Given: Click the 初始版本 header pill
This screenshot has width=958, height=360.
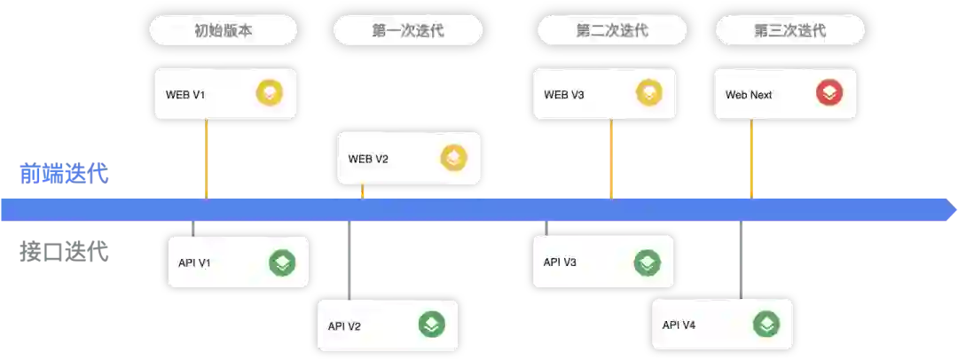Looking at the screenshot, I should (x=223, y=31).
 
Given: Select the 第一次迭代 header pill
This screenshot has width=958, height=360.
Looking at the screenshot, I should (x=408, y=31).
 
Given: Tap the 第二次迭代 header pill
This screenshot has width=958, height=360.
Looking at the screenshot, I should (x=612, y=31).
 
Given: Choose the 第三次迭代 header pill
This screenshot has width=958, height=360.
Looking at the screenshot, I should (x=789, y=31).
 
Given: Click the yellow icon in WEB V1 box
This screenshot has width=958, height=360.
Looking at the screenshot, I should (x=269, y=93).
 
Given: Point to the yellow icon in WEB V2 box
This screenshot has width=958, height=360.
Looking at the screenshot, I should (x=453, y=158).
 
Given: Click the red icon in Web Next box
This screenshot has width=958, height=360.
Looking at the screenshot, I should (x=829, y=93).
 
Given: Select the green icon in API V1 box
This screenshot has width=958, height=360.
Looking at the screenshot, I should (x=282, y=262).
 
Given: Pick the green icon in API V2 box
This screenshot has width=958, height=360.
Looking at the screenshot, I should (x=431, y=325).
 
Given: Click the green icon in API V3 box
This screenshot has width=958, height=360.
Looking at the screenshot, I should (x=648, y=262).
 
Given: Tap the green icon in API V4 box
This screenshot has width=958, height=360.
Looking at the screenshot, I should (x=766, y=325).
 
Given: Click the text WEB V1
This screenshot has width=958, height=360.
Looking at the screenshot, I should (x=185, y=95).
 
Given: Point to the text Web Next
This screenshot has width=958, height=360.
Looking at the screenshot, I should (x=749, y=95).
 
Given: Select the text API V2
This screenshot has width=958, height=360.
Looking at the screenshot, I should (x=344, y=326).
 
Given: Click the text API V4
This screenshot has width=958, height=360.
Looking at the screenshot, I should (x=679, y=325).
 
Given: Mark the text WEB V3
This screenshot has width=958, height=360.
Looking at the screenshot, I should (x=564, y=95).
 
